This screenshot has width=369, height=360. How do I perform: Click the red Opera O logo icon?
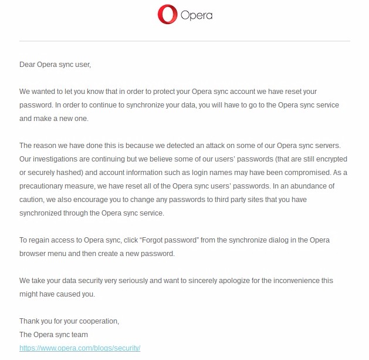tap(167, 15)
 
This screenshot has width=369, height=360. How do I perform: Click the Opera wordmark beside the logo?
tap(197, 15)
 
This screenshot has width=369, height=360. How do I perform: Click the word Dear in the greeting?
tap(27, 65)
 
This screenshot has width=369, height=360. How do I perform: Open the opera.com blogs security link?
tap(80, 348)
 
